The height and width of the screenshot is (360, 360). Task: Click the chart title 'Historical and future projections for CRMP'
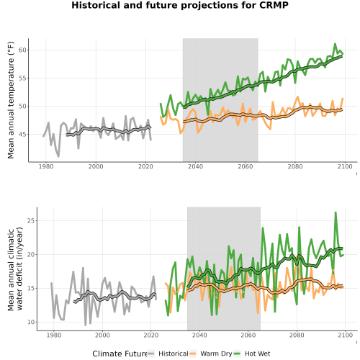tap(180, 5)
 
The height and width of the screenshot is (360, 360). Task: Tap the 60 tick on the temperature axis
tap(22, 50)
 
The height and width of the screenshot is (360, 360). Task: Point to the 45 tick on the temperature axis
tap(22, 135)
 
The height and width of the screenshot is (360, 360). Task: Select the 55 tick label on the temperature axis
tap(22, 78)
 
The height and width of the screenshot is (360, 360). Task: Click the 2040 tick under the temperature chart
tap(195, 166)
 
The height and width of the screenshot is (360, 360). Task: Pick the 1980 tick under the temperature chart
tap(46, 166)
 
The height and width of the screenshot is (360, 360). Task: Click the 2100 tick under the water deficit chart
tap(345, 336)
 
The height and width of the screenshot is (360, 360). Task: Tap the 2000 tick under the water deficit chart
tap(102, 336)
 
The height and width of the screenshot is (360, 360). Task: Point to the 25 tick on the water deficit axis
tap(31, 220)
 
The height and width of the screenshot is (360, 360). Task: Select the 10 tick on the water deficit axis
tap(31, 322)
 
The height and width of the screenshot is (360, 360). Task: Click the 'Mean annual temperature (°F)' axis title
tap(11, 100)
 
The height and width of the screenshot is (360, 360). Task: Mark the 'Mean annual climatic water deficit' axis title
tap(15, 269)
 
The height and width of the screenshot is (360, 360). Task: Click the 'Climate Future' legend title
tap(120, 354)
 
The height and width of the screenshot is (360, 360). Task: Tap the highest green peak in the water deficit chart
tap(336, 212)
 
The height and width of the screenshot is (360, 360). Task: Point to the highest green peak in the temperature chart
tap(335, 44)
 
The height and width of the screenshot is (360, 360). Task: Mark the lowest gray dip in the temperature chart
tap(58, 156)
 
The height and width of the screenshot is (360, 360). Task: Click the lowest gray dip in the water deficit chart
tap(85, 325)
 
